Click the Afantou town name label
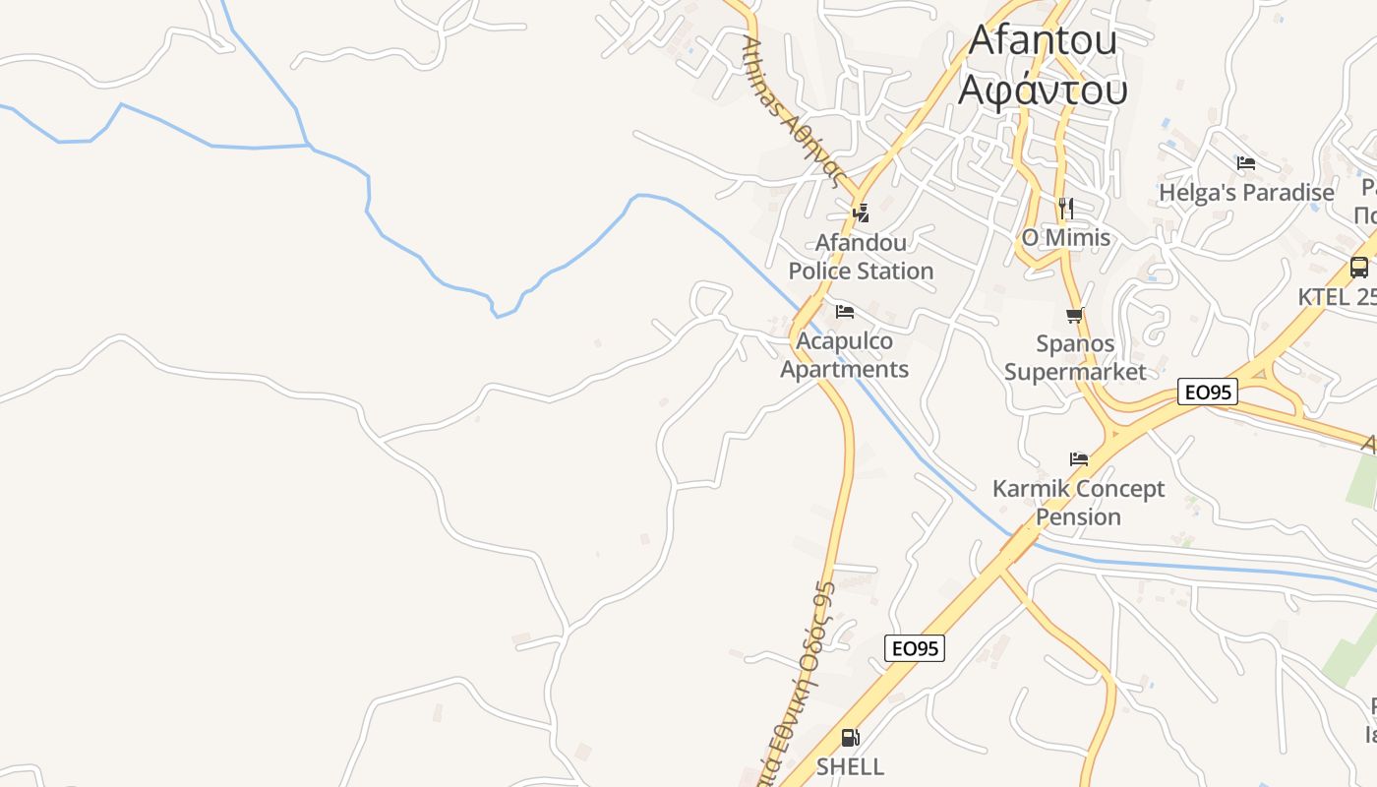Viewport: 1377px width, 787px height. pyautogui.click(x=1042, y=40)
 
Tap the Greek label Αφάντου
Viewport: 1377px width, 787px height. pyautogui.click(x=1042, y=89)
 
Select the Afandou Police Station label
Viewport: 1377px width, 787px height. pyautogui.click(x=861, y=256)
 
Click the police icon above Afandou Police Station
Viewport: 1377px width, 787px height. pyautogui.click(x=861, y=212)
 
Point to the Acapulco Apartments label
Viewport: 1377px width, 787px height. pyautogui.click(x=845, y=355)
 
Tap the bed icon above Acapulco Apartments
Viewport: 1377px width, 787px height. pyautogui.click(x=845, y=312)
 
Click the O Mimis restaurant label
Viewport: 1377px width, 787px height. pyautogui.click(x=1065, y=237)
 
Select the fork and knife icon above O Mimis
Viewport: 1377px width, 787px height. pyautogui.click(x=1066, y=208)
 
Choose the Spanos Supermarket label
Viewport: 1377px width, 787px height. pyautogui.click(x=1075, y=357)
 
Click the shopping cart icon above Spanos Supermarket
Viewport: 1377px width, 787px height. pyautogui.click(x=1075, y=316)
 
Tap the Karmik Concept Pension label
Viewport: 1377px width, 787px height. pyautogui.click(x=1078, y=503)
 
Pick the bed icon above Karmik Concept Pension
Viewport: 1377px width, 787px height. pyautogui.click(x=1079, y=458)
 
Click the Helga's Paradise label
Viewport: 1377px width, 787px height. pyautogui.click(x=1246, y=192)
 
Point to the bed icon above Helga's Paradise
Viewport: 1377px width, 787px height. pyautogui.click(x=1246, y=162)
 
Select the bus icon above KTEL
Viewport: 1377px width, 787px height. pyautogui.click(x=1359, y=267)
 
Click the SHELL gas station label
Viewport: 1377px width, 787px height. pyautogui.click(x=850, y=766)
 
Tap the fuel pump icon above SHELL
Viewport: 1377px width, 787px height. pyautogui.click(x=850, y=737)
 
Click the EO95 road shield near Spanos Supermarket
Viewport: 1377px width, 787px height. pyautogui.click(x=1207, y=393)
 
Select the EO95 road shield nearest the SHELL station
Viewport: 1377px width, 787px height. pyautogui.click(x=915, y=648)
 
